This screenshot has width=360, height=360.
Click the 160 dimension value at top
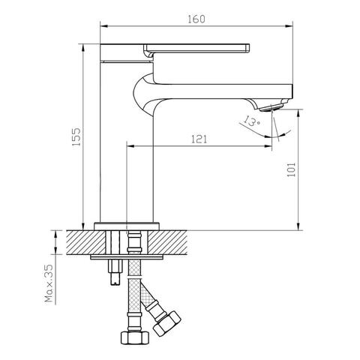(196, 19)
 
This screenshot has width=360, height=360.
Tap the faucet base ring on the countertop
(127, 226)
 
